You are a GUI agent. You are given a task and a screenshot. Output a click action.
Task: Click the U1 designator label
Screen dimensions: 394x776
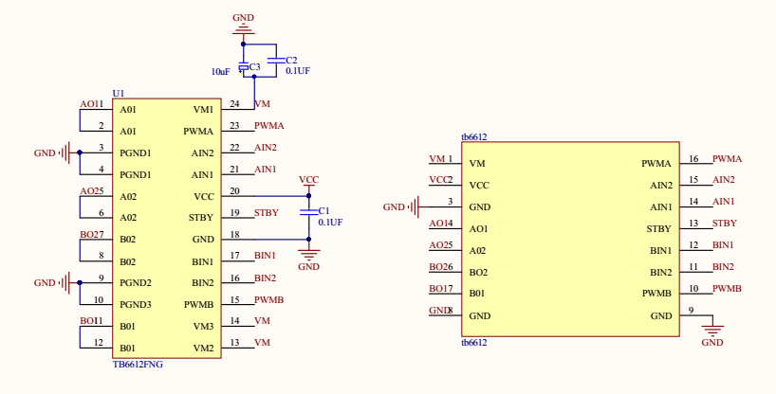(x=118, y=93)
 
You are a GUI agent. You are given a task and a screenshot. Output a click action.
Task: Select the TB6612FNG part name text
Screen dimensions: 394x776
(x=139, y=363)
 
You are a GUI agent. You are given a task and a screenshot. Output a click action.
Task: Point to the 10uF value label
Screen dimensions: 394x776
(x=220, y=72)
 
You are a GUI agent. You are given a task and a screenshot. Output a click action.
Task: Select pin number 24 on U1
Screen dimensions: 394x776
(x=233, y=104)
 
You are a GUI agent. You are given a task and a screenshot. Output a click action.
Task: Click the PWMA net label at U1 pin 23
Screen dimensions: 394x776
(x=269, y=125)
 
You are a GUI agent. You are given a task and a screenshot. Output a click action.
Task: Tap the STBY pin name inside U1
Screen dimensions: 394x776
(x=201, y=218)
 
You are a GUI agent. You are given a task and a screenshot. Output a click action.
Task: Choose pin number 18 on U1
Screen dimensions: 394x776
(x=233, y=235)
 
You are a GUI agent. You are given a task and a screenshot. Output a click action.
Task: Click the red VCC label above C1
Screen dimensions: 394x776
(x=308, y=180)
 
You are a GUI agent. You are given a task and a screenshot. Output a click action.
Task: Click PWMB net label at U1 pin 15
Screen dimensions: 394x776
(x=269, y=300)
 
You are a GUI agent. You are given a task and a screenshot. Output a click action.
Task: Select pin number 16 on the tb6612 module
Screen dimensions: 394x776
(x=693, y=159)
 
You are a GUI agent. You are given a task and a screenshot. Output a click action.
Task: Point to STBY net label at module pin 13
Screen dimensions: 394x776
(x=725, y=224)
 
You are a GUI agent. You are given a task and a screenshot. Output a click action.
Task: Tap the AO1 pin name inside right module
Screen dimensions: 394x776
(x=478, y=229)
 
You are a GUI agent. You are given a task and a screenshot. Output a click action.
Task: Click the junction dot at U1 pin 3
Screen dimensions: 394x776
(x=79, y=152)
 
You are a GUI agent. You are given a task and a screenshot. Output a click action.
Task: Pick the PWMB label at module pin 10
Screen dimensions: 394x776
(x=727, y=289)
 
